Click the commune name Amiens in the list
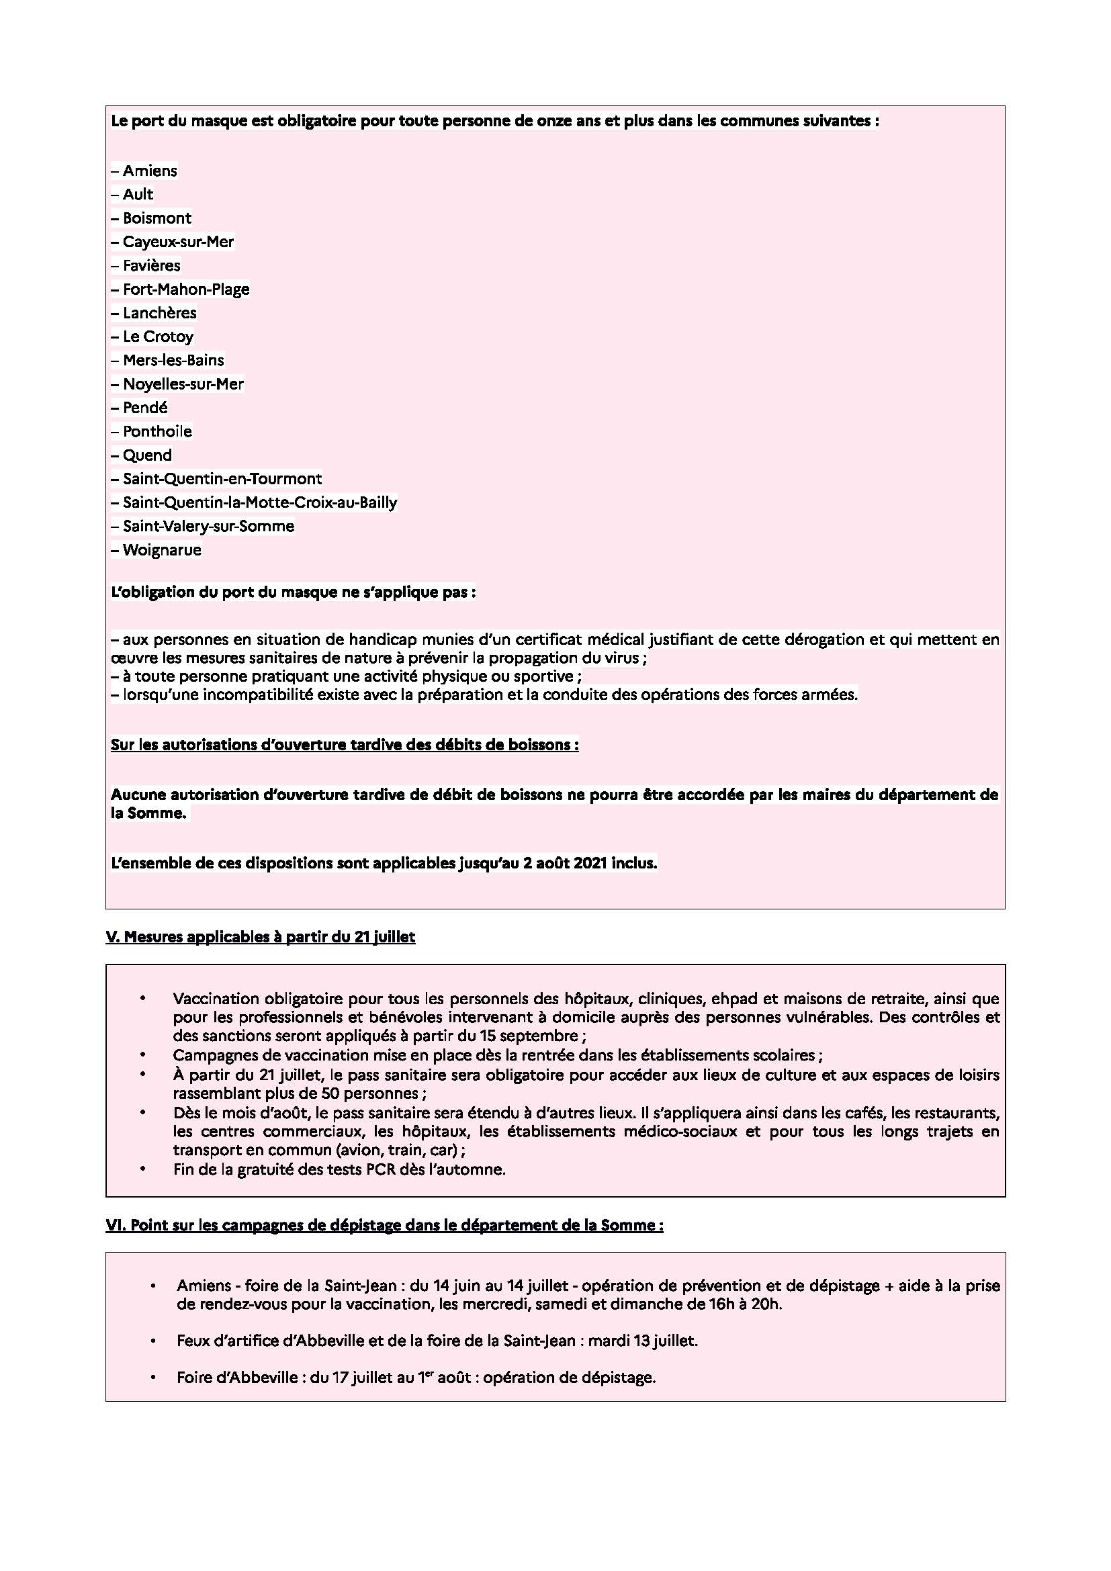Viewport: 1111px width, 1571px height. coord(150,171)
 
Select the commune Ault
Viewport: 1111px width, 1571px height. coord(138,194)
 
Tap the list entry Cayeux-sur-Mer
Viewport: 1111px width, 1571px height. coord(178,242)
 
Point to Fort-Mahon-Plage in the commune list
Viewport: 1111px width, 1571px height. coord(186,289)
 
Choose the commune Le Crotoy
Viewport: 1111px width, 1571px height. coord(158,336)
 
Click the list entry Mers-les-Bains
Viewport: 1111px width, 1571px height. coord(173,361)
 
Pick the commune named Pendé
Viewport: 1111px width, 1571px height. coord(145,408)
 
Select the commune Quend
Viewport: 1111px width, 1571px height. coord(147,455)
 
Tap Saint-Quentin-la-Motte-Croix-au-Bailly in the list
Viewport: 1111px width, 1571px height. coord(260,503)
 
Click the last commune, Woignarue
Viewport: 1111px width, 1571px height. coord(162,550)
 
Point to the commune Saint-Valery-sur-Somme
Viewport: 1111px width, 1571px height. coord(209,527)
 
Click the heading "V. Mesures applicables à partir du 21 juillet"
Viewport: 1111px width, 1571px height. coord(260,938)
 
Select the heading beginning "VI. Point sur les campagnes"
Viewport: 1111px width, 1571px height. coord(384,1225)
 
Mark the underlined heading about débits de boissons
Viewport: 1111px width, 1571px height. coord(344,744)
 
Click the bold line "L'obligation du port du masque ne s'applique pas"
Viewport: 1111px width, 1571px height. coord(293,592)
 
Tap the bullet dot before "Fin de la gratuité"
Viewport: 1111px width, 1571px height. coord(143,1169)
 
